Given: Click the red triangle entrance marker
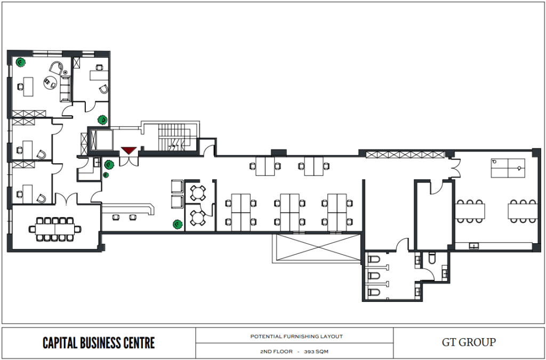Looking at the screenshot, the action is pyautogui.click(x=129, y=150).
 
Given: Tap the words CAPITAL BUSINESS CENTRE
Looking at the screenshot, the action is pyautogui.click(x=99, y=343).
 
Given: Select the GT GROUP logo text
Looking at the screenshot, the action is pyautogui.click(x=469, y=342).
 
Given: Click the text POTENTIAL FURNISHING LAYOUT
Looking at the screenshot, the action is pyautogui.click(x=296, y=337).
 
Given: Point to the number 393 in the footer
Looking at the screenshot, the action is pyautogui.click(x=310, y=351).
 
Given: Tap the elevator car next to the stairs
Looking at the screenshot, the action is pyautogui.click(x=101, y=140).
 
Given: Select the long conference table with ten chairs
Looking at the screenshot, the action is pyautogui.click(x=55, y=229).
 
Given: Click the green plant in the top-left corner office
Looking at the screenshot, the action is pyautogui.click(x=21, y=62).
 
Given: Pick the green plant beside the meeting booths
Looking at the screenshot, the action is pyautogui.click(x=178, y=224).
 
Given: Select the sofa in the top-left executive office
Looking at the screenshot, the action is pyautogui.click(x=66, y=89).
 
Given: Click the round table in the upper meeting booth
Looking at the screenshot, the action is pyautogui.click(x=198, y=193).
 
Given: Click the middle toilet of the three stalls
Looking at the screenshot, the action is pyautogui.click(x=374, y=275).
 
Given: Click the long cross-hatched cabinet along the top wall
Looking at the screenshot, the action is pyautogui.click(x=405, y=155).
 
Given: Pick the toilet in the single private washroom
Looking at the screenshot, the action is pyautogui.click(x=432, y=258).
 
